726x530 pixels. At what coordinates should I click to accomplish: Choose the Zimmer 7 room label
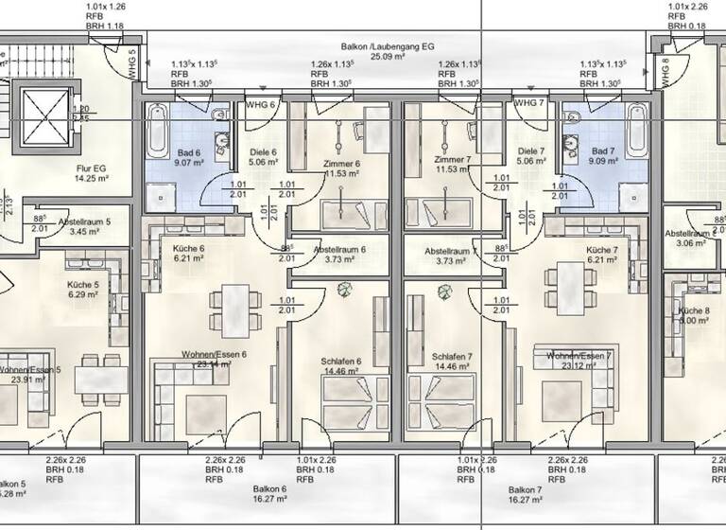point(452,164)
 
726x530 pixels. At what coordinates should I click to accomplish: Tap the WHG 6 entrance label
point(260,103)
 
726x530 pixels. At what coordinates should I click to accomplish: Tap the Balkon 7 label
point(525,494)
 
